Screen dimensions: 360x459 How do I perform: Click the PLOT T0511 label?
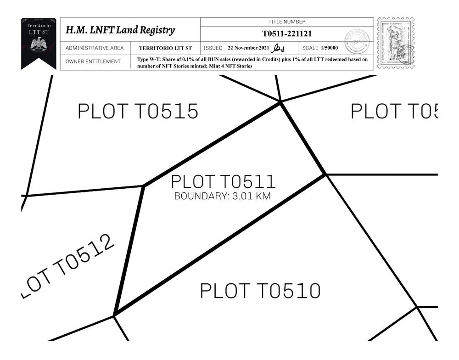(223, 182)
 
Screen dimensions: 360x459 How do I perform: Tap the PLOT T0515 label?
(138, 112)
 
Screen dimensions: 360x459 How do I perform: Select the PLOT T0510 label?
(260, 291)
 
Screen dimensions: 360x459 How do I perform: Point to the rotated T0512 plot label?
(68, 266)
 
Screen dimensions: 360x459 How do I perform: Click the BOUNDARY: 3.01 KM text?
(223, 197)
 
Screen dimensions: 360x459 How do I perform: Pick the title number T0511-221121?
(287, 34)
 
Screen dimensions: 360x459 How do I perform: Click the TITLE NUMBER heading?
(287, 22)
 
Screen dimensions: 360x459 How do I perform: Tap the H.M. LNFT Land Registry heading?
(120, 30)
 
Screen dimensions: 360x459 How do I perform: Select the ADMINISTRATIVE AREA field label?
(95, 48)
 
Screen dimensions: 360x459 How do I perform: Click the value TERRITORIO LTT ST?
(165, 48)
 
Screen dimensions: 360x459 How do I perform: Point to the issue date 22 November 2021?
(249, 48)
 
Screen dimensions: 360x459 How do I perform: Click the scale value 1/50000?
(329, 48)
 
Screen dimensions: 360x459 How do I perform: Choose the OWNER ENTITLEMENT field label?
(93, 62)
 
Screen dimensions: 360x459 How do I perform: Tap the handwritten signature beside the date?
(278, 48)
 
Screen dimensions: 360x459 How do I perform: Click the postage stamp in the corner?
(395, 43)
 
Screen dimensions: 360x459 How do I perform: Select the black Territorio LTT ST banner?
(39, 43)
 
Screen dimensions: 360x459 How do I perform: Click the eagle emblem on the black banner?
(39, 45)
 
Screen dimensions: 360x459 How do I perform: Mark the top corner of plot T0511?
(280, 102)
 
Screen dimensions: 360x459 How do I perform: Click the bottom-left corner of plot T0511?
(114, 315)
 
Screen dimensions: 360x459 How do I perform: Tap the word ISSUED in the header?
(213, 48)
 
